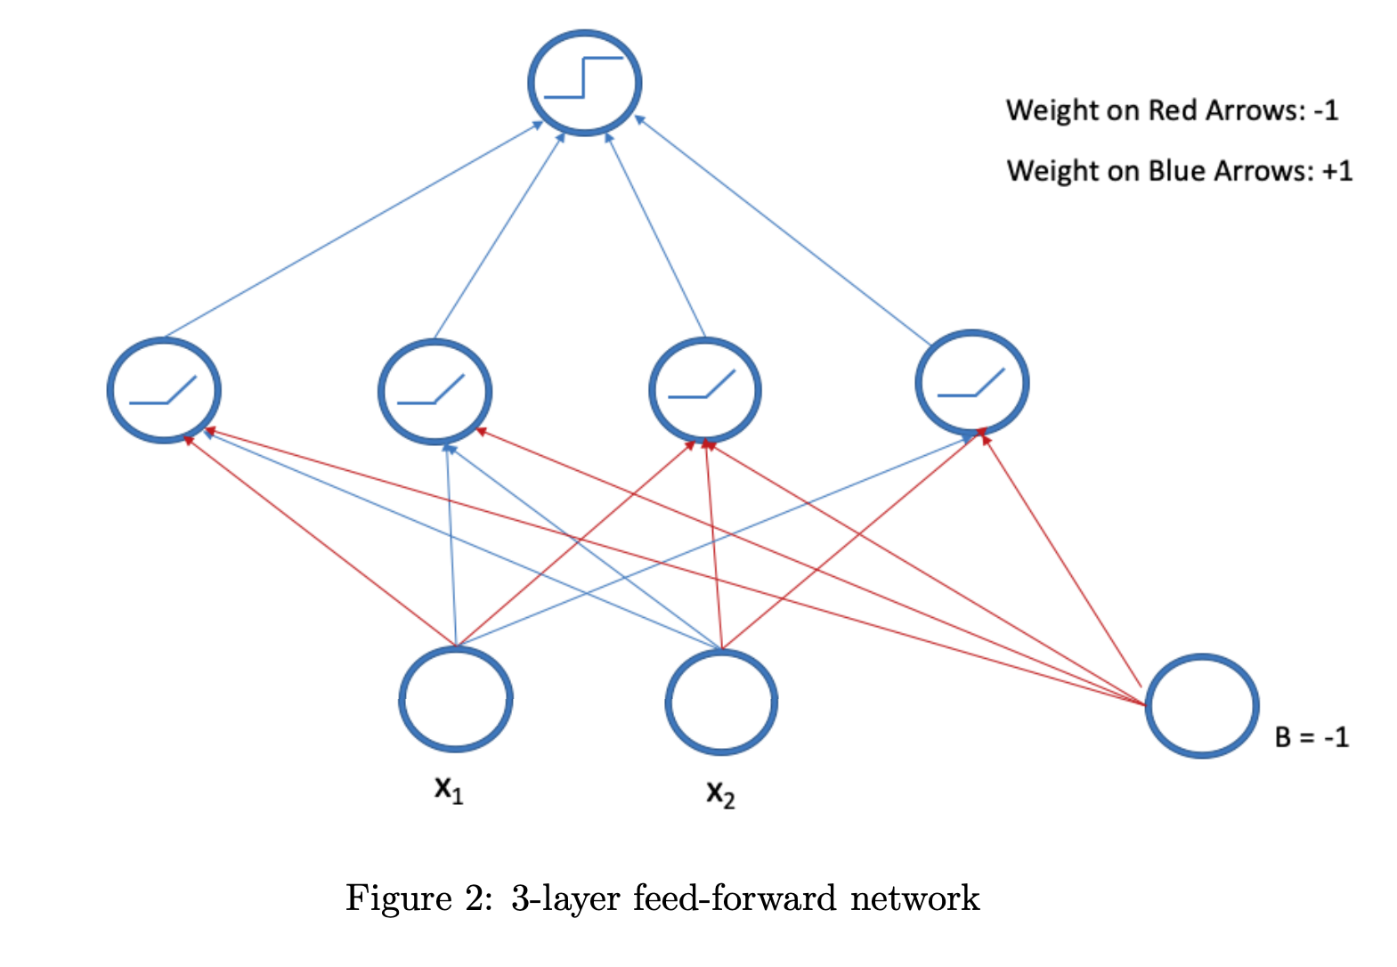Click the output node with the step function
coord(585,83)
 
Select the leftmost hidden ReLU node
coord(164,390)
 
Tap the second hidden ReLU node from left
coord(435,391)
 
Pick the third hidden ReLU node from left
coord(705,390)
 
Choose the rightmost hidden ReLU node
coord(972,383)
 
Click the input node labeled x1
coord(456,699)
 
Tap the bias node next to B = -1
coord(1201,706)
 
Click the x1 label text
coord(448,789)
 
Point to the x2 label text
coord(720,792)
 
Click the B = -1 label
coord(1312,737)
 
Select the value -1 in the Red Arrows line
coord(1326,110)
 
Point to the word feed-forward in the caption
coord(735,898)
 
